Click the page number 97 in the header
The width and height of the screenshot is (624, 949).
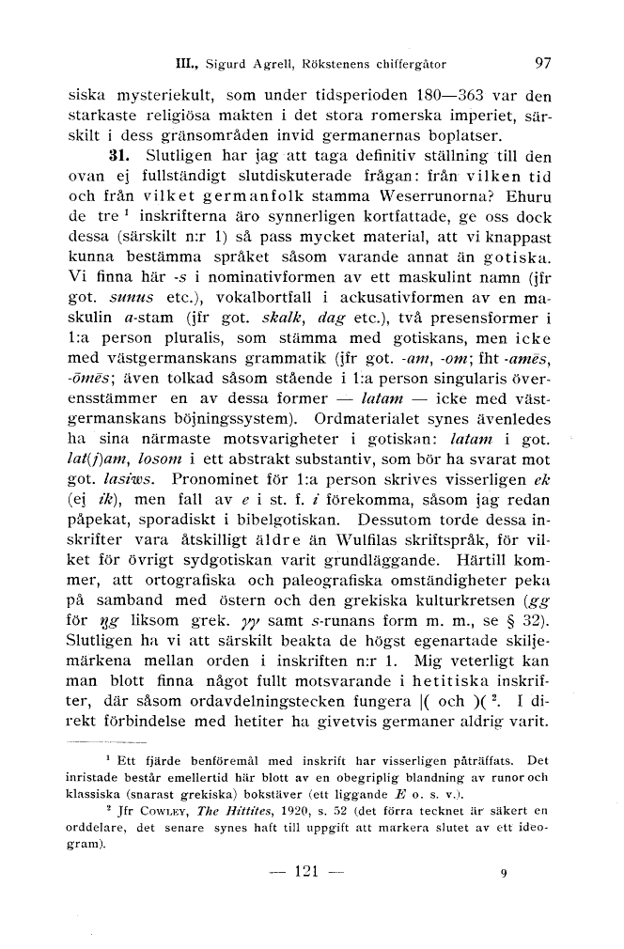click(542, 64)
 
